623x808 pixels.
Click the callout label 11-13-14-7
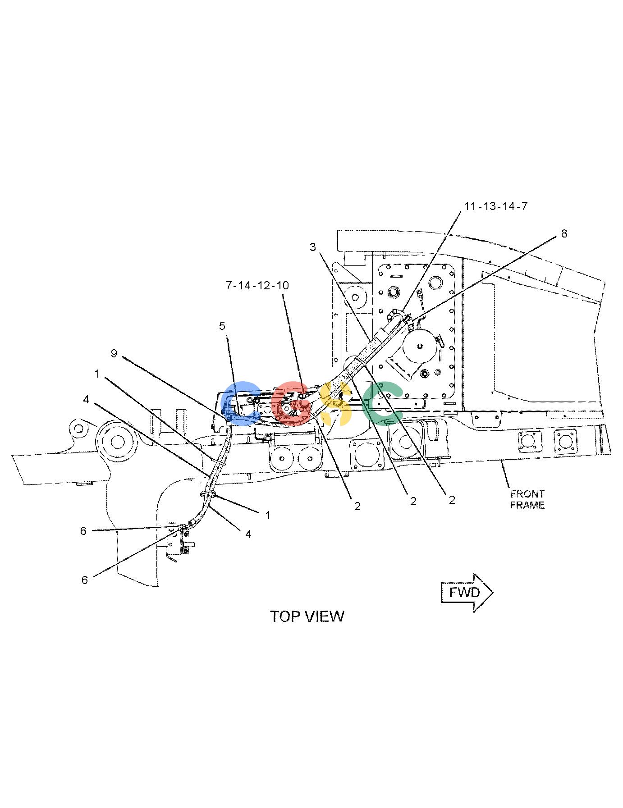pyautogui.click(x=495, y=206)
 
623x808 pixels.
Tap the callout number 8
pyautogui.click(x=564, y=233)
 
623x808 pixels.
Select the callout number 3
pyautogui.click(x=312, y=247)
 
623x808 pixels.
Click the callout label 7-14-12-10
pyautogui.click(x=257, y=285)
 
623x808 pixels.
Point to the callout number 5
pyautogui.click(x=222, y=325)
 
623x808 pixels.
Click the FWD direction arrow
pyautogui.click(x=467, y=592)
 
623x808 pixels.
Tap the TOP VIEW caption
pyautogui.click(x=307, y=616)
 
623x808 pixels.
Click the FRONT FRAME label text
pyautogui.click(x=527, y=499)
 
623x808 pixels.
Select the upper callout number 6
pyautogui.click(x=83, y=531)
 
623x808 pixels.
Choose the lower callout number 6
pyautogui.click(x=84, y=580)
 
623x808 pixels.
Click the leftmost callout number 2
pyautogui.click(x=357, y=506)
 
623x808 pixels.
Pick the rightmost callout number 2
pyautogui.click(x=452, y=499)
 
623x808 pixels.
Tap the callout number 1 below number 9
pyautogui.click(x=97, y=374)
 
